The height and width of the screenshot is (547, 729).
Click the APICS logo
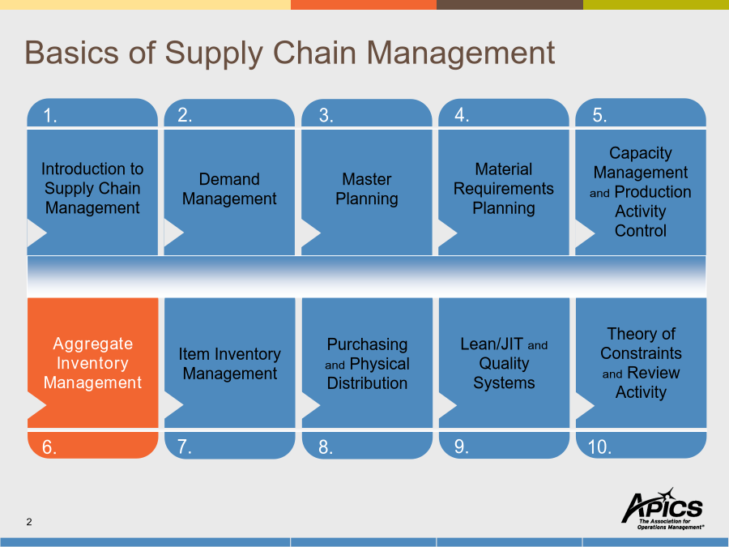[663, 508]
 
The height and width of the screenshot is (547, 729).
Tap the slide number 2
[29, 522]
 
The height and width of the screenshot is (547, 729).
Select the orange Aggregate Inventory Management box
[93, 363]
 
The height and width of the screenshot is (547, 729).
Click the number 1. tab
[92, 113]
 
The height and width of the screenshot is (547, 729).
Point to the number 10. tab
[642, 445]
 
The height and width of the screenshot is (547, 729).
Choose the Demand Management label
[229, 189]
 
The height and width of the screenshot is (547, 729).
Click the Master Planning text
[367, 189]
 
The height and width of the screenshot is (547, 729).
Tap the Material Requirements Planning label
[504, 188]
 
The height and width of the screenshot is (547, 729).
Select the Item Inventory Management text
[230, 364]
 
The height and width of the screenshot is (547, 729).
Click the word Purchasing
[367, 344]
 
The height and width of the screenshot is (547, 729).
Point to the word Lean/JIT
[492, 344]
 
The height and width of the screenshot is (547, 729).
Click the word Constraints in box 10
[642, 353]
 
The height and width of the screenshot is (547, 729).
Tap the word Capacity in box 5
[641, 153]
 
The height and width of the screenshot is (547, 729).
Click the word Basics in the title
[71, 52]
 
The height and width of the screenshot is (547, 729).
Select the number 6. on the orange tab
[49, 447]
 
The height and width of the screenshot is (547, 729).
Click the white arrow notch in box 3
[311, 233]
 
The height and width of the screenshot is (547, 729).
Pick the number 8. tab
[367, 445]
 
